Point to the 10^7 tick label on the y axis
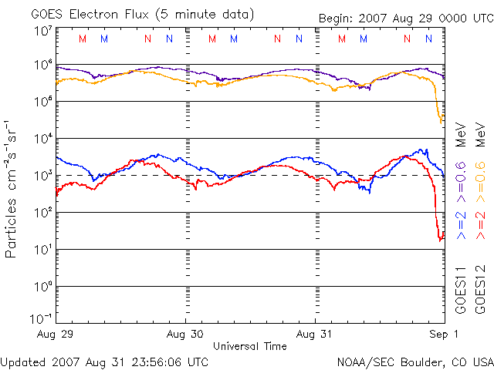[42, 32]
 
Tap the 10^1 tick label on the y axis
[42, 249]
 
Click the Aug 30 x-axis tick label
[185, 335]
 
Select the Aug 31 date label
[315, 335]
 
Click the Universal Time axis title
[250, 346]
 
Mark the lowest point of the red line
[441, 240]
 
